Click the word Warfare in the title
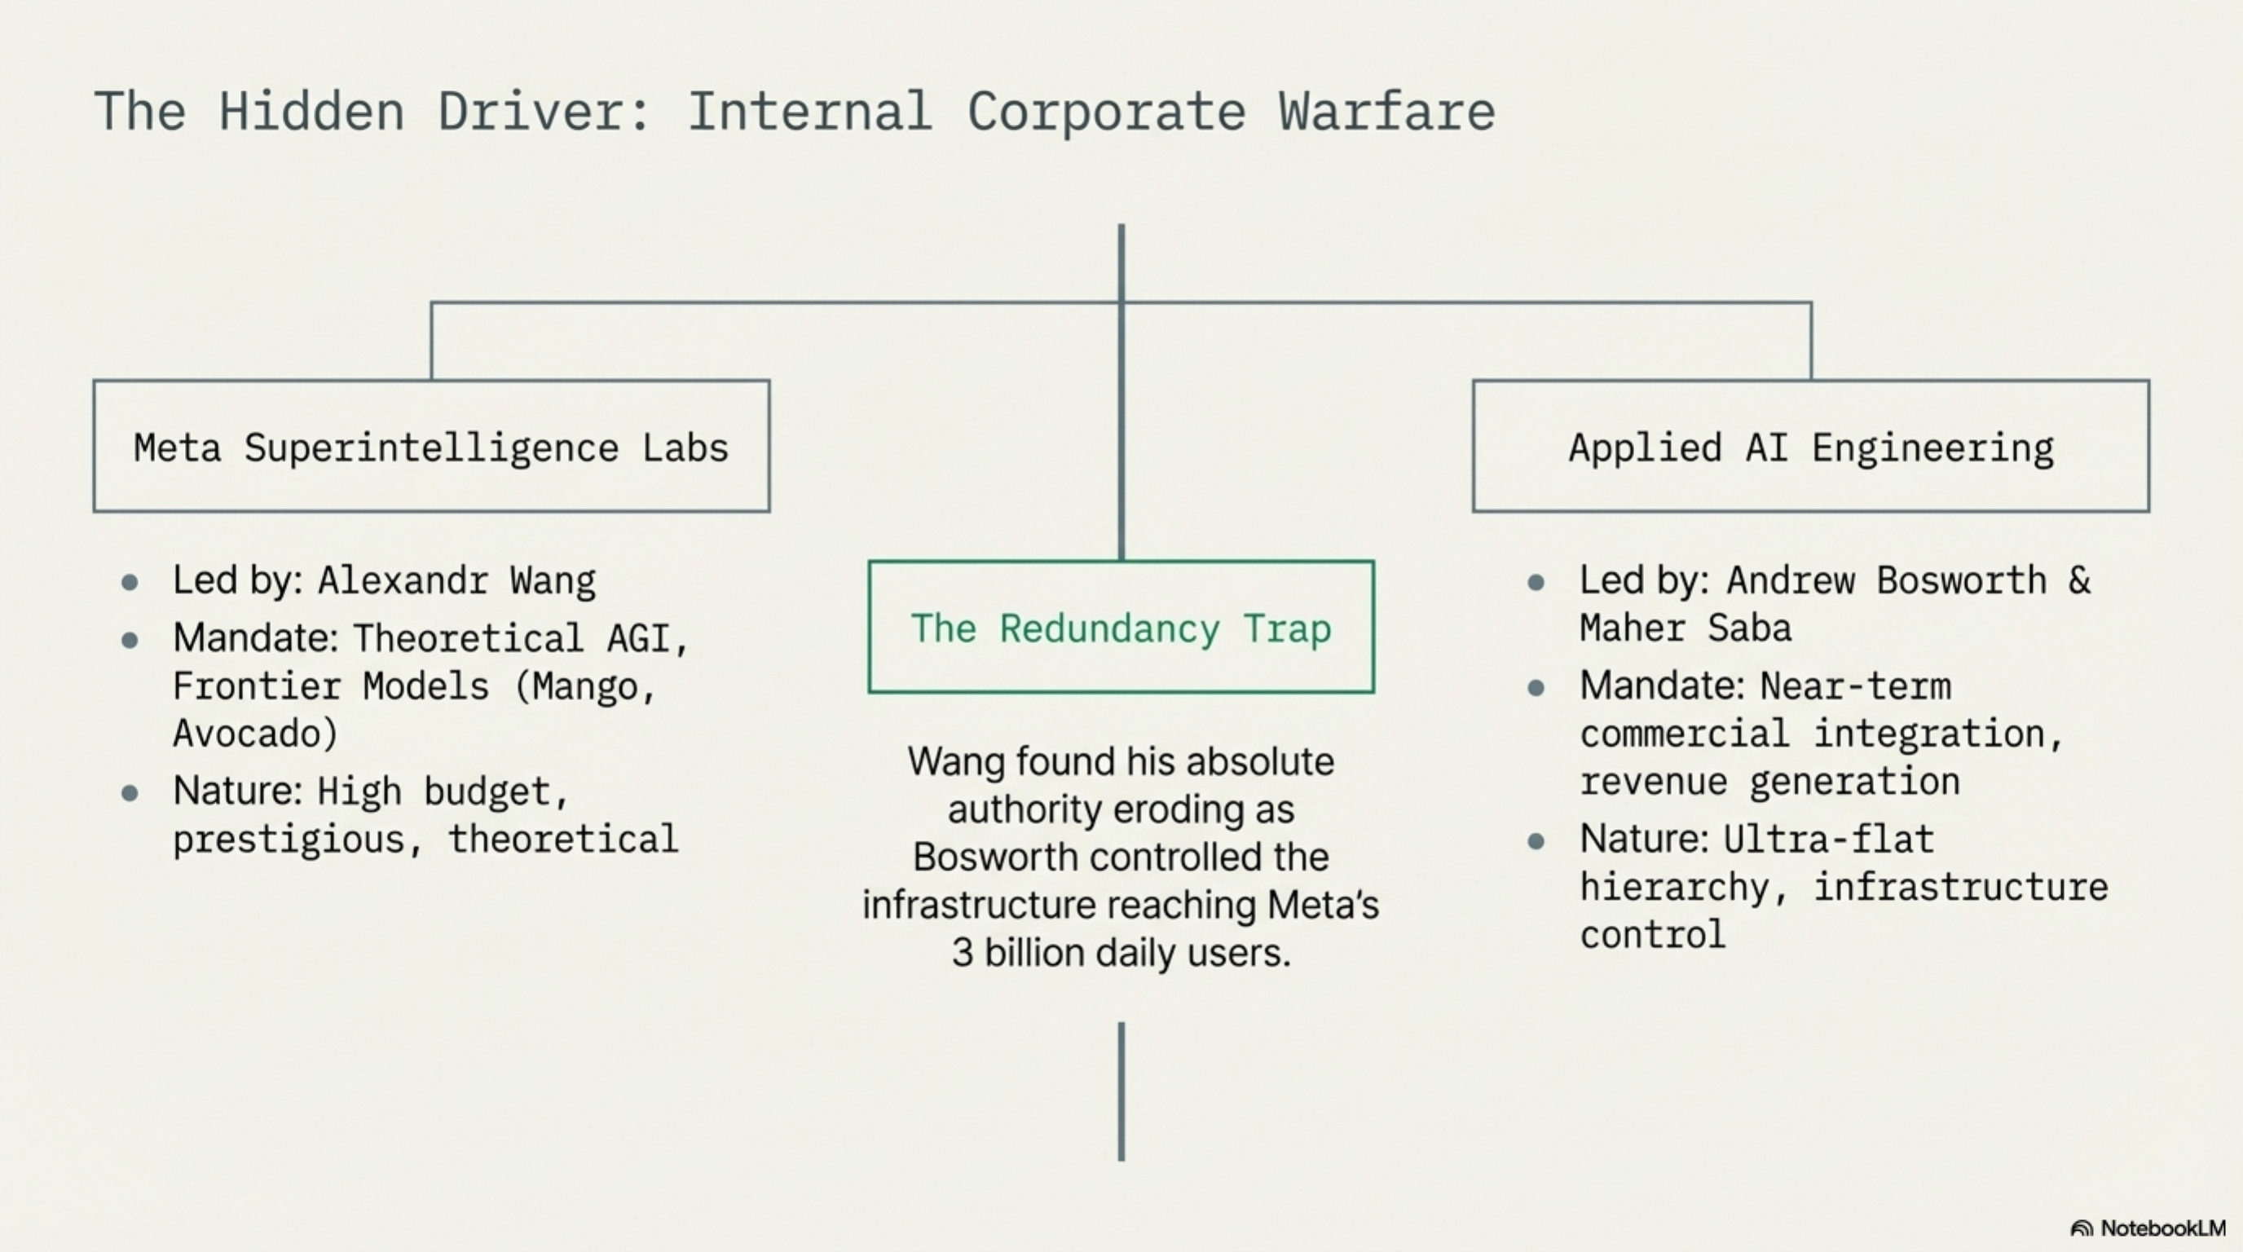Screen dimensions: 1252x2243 (x=1386, y=112)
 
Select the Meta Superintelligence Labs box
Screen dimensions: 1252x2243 (x=431, y=447)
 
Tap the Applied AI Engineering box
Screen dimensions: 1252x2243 (x=1810, y=447)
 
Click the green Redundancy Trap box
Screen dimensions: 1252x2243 (x=1121, y=628)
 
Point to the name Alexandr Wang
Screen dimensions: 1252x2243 (x=456, y=580)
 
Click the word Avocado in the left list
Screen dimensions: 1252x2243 (x=253, y=733)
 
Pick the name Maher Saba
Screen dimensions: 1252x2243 (x=1685, y=628)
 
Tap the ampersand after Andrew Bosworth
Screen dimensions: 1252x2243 (x=2079, y=580)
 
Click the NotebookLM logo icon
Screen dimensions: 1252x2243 (x=2081, y=1228)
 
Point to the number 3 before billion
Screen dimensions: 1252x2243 (x=961, y=953)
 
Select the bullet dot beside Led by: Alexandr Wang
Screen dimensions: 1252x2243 (x=130, y=582)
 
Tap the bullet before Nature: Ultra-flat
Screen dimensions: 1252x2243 (x=1536, y=840)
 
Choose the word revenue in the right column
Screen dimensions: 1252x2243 (x=1653, y=782)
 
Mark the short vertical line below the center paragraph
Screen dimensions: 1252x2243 (x=1121, y=1091)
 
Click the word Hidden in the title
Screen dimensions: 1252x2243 (x=311, y=112)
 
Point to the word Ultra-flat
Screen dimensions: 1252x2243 (x=1827, y=840)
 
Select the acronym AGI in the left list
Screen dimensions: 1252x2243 (x=638, y=638)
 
